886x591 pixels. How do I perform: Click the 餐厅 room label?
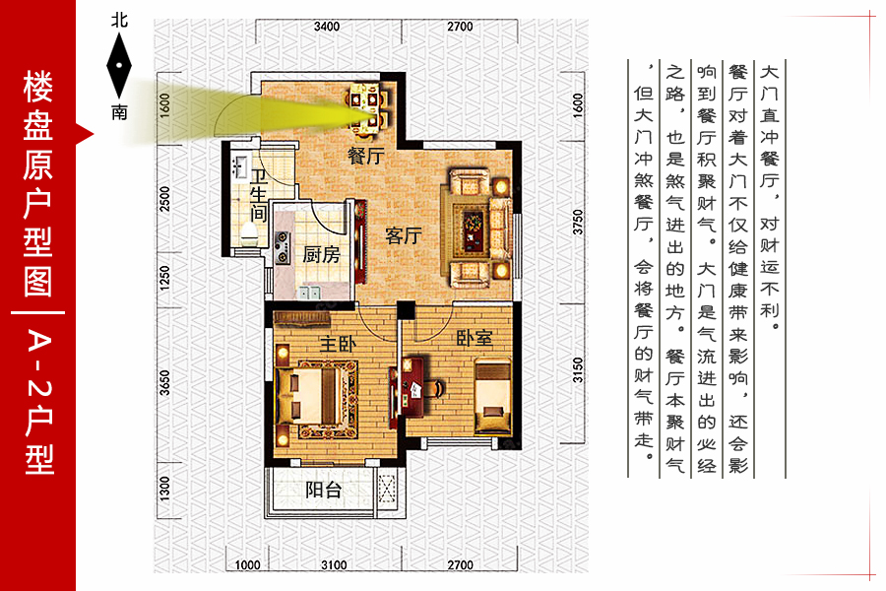tap(366, 155)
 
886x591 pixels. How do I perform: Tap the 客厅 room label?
tap(404, 235)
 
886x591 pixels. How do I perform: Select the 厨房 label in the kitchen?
tap(321, 254)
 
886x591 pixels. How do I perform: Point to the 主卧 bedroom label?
tap(338, 344)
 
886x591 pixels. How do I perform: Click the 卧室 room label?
tap(475, 338)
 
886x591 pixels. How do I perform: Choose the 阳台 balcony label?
tap(324, 490)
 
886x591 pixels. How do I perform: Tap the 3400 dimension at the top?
tap(327, 27)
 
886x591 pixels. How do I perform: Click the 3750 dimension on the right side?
tap(577, 223)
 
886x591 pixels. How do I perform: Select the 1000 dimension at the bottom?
tap(247, 564)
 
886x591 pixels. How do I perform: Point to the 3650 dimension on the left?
tap(164, 383)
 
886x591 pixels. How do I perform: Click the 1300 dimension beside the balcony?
tap(164, 489)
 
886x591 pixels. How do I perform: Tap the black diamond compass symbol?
tap(119, 66)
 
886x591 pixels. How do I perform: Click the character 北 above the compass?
tap(119, 21)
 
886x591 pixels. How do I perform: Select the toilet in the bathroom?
tap(249, 232)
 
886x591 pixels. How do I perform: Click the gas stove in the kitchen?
tap(282, 247)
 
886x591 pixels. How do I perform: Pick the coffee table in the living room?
tap(473, 230)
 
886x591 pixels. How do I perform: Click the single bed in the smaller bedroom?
tap(492, 396)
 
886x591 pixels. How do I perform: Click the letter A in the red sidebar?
tap(39, 341)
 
